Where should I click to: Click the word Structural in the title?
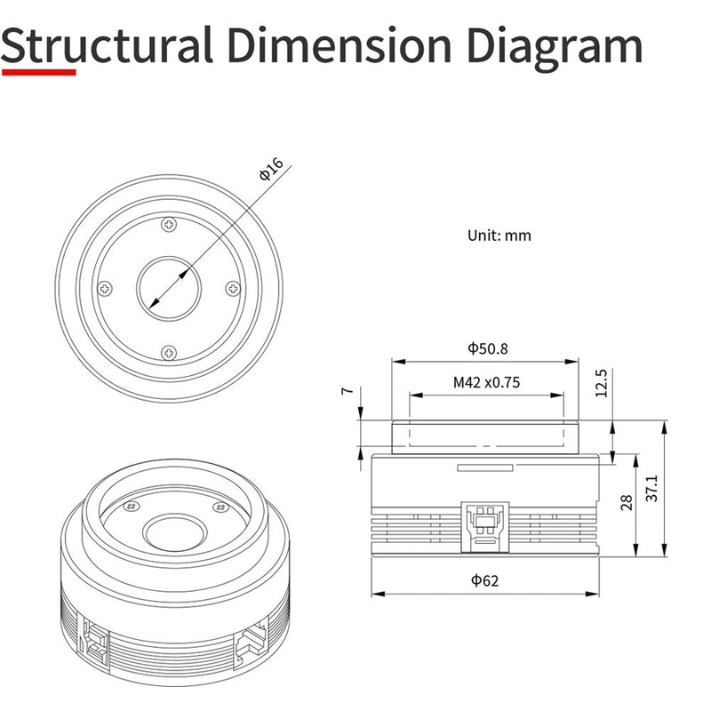tap(107, 44)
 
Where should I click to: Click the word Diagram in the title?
tap(555, 48)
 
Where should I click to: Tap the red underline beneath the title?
tap(39, 72)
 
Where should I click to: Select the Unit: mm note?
tap(499, 236)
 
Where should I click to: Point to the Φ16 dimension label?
tap(271, 169)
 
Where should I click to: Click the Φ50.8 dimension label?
tap(487, 348)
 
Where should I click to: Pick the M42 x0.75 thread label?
tap(486, 382)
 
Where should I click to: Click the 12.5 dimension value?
tap(601, 383)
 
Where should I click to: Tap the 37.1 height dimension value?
tap(651, 488)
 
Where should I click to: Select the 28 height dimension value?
tap(627, 503)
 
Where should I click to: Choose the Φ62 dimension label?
tap(484, 580)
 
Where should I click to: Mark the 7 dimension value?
tap(348, 390)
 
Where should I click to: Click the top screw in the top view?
tap(169, 224)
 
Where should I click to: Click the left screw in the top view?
tap(105, 288)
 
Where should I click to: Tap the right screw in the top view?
tap(233, 288)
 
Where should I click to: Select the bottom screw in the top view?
tap(169, 352)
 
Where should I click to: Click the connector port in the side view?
tap(484, 527)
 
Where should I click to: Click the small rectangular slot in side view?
tap(484, 467)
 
